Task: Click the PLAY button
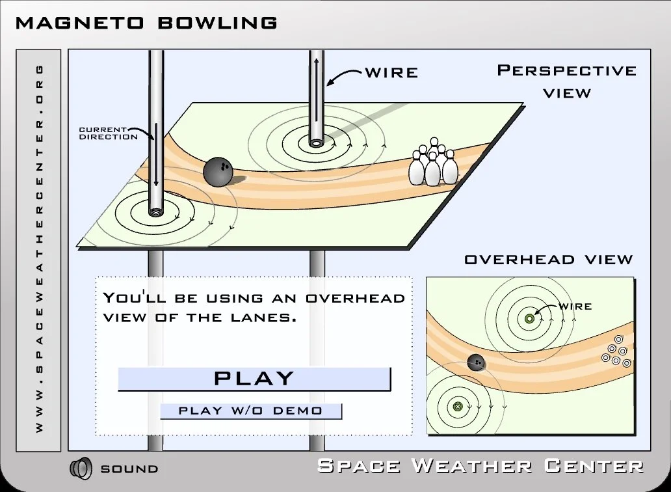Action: tap(254, 378)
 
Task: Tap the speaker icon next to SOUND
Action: tap(81, 468)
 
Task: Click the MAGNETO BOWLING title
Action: tap(146, 23)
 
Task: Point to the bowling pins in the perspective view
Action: tap(433, 163)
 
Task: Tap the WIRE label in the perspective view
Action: tap(391, 72)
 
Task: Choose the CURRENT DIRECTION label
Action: tap(108, 133)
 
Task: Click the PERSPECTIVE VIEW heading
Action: tap(567, 81)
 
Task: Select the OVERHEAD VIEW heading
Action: tap(548, 260)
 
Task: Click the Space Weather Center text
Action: tap(480, 466)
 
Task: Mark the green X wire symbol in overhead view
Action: tap(457, 407)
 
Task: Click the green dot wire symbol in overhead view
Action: tap(529, 319)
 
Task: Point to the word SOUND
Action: tap(129, 469)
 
